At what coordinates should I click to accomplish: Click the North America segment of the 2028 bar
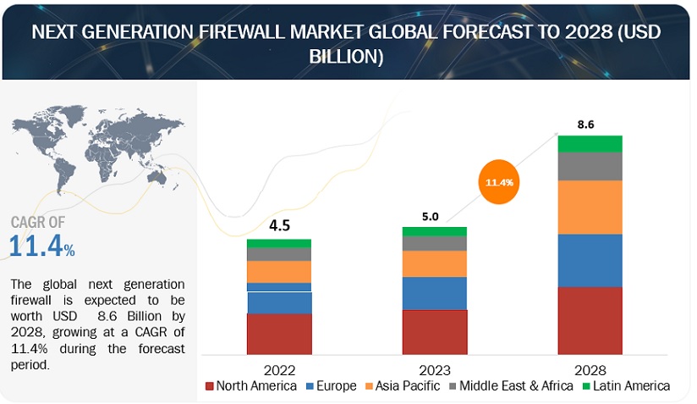point(590,320)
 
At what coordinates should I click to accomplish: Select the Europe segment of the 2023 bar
point(435,293)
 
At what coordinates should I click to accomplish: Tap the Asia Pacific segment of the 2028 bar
point(590,207)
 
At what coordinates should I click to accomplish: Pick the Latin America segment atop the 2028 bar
point(590,143)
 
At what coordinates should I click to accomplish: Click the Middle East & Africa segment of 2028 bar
point(590,166)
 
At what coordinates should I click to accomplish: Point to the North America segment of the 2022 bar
point(279,334)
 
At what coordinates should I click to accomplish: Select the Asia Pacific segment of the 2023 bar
point(435,263)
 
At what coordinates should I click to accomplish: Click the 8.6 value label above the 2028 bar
point(585,124)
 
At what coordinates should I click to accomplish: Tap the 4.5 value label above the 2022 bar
point(279,226)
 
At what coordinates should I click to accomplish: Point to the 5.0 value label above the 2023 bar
point(430,216)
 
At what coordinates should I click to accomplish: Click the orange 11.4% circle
point(502,181)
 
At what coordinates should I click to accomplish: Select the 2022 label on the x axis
point(279,370)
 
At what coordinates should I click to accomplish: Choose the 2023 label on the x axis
point(434,370)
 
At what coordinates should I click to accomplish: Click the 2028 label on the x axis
point(589,370)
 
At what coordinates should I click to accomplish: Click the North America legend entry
point(251,386)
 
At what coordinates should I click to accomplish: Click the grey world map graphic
point(93,149)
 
